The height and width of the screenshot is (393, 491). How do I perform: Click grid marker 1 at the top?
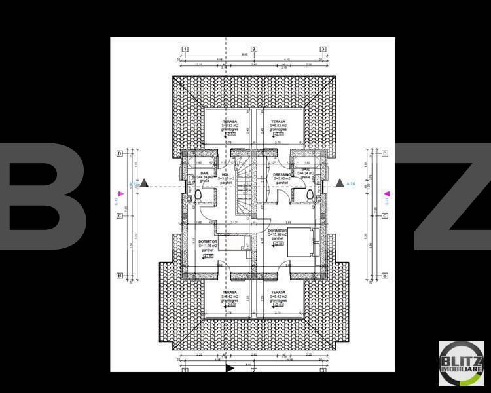185,49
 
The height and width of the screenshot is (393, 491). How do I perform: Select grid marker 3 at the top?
323,49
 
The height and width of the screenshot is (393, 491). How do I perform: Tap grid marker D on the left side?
120,154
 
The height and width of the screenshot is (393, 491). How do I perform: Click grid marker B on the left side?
120,276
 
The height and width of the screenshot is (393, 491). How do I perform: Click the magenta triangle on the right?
387,194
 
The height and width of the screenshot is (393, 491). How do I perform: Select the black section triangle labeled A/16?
340,183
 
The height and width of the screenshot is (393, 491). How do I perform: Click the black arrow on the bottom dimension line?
229,368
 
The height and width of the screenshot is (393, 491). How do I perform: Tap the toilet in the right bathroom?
308,195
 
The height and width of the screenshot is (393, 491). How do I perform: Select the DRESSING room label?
282,175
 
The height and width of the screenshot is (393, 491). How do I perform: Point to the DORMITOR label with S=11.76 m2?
208,242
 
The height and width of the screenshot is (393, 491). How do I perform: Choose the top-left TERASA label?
230,122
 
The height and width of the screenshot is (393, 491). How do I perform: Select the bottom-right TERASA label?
278,293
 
